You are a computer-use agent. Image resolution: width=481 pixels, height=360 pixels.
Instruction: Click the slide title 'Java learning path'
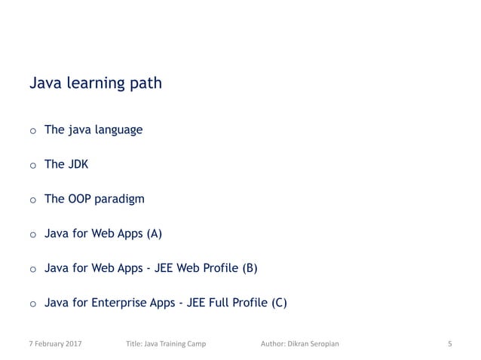tap(95, 83)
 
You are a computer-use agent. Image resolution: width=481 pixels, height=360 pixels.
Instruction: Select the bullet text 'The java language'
tap(93, 130)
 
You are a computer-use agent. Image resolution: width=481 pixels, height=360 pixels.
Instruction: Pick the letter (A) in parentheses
tap(153, 233)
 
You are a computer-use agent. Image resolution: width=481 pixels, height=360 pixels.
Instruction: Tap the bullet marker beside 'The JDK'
tap(32, 166)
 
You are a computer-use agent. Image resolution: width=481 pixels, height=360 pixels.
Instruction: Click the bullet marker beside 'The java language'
tap(32, 132)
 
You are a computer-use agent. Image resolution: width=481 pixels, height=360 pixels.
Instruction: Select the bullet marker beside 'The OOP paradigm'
tap(32, 201)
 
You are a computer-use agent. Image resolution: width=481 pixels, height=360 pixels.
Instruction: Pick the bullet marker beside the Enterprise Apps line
tap(32, 304)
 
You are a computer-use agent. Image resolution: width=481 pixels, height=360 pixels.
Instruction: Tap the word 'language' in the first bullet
tap(119, 130)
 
